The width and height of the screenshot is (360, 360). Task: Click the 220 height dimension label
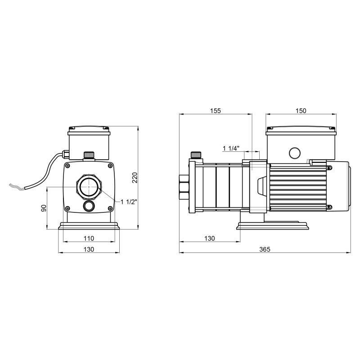pos(135,177)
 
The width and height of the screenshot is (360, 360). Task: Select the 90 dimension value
pos(44,208)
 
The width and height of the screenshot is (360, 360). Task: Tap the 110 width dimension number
pos(89,238)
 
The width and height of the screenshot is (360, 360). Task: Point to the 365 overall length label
pos(265,249)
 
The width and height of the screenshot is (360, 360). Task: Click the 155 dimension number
pos(216,111)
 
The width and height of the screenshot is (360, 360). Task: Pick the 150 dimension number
pos(301,111)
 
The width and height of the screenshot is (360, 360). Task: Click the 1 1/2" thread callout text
pos(129,202)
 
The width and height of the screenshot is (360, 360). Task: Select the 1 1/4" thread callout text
pos(231,148)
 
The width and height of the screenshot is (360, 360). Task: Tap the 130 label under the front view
pos(89,249)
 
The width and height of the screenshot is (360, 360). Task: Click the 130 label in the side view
pos(209,238)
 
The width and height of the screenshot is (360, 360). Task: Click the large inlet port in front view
pos(89,187)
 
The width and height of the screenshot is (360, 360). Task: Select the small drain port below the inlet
pos(89,206)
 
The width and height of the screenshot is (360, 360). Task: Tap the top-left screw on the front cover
pos(68,165)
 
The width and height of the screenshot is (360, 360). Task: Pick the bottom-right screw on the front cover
pos(110,208)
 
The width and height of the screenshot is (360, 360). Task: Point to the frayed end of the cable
pos(16,187)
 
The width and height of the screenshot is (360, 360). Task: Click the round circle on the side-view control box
pos(295,153)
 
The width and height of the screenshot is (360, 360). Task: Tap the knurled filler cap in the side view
pos(196,155)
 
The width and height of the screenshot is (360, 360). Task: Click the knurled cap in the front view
pos(89,155)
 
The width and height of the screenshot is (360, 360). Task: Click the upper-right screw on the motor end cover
pos(329,168)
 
